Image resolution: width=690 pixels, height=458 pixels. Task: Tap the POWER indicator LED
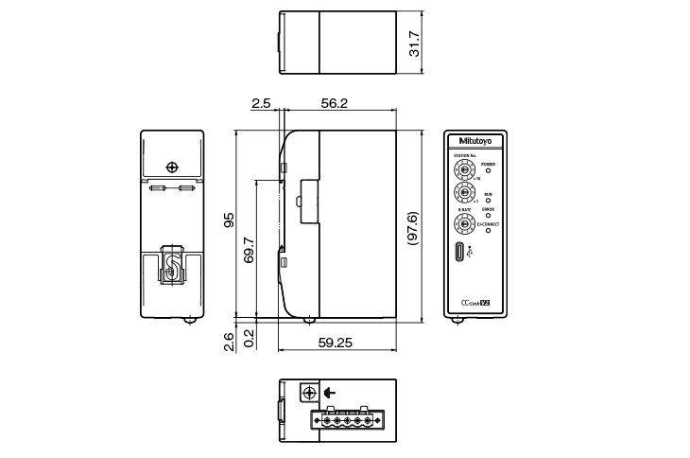click(489, 171)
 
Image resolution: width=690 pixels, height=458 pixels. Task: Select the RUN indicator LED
click(489, 201)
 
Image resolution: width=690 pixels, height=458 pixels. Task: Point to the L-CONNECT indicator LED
click(489, 230)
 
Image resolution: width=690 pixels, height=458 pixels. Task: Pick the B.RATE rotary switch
click(463, 224)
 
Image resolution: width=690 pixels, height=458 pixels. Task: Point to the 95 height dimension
click(228, 221)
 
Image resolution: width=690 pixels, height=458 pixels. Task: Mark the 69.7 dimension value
click(250, 249)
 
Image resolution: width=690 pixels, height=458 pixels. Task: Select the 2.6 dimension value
click(228, 342)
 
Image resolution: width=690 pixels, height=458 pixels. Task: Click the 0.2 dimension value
click(249, 338)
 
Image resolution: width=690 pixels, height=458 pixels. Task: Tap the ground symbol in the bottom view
click(329, 393)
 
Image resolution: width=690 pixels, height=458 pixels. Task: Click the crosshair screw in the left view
click(171, 167)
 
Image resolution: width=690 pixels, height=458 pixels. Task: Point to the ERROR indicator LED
click(489, 215)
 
